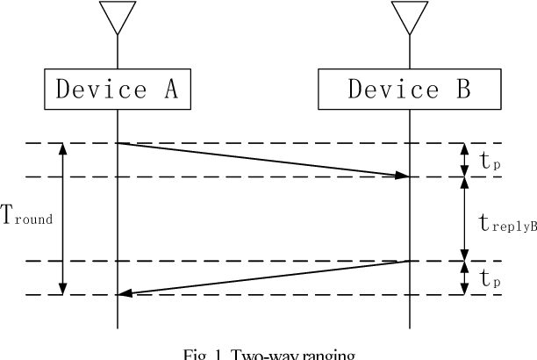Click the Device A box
pos(117,90)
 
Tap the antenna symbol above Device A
pos(117,18)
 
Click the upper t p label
pos(490,161)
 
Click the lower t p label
pos(490,278)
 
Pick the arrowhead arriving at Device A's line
pos(125,294)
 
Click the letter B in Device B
pos(458,90)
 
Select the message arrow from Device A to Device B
pos(263,159)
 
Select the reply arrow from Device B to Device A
pos(263,277)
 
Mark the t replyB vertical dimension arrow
pos(464,219)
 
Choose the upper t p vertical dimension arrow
pos(464,160)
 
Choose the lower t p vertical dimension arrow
pos(464,277)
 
